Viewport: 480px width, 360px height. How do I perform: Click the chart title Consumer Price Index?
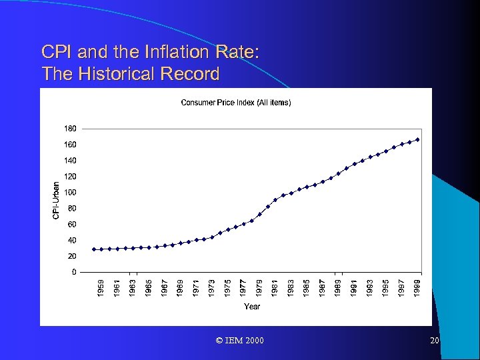236,102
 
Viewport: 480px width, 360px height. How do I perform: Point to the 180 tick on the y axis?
70,128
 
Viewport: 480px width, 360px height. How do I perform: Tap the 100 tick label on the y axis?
70,192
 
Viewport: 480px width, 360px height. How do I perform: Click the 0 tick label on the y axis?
73,272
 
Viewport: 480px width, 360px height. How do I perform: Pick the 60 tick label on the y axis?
71,224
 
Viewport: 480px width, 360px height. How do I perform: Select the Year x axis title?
252,307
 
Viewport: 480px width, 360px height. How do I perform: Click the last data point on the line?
417,139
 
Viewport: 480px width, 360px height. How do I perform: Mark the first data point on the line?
93,249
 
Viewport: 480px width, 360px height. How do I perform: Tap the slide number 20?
435,341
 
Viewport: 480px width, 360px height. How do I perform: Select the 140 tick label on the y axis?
70,160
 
